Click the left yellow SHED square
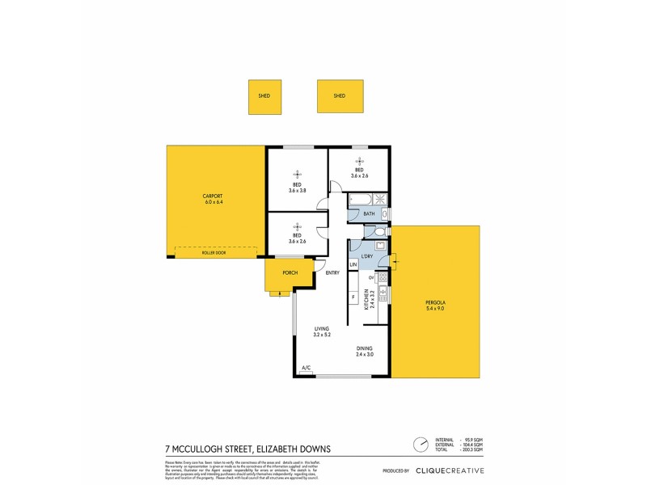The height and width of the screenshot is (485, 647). [x=264, y=95]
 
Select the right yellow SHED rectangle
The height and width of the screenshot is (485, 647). [x=340, y=95]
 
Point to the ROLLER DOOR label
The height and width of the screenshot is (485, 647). [x=214, y=253]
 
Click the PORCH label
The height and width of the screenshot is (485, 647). [x=290, y=273]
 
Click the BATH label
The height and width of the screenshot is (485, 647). [x=368, y=213]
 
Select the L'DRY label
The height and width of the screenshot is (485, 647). [x=366, y=256]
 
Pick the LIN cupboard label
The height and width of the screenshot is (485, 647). [x=353, y=265]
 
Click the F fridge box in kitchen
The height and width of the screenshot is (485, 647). [x=353, y=297]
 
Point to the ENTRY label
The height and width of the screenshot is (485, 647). [x=332, y=273]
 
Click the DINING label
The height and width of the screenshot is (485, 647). [x=365, y=348]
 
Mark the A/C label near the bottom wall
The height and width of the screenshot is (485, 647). [x=307, y=369]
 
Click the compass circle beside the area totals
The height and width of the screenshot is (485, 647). [x=421, y=444]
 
